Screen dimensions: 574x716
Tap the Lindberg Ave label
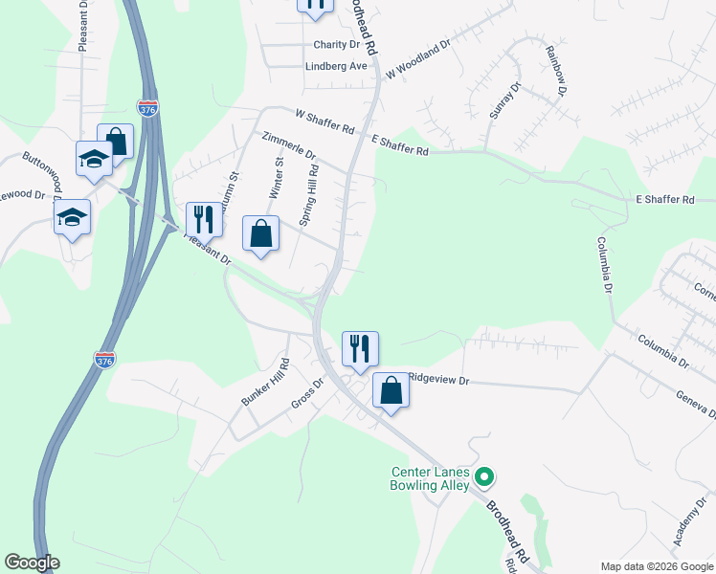(x=336, y=66)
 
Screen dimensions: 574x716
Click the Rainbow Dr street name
(x=555, y=72)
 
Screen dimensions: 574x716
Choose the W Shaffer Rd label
(x=324, y=121)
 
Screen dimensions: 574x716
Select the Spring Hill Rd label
(x=309, y=194)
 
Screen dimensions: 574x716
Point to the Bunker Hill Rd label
(x=265, y=383)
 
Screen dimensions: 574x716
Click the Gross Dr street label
(x=309, y=391)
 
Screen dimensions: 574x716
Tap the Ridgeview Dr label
(x=439, y=379)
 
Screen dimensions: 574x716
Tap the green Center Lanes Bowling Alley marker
(x=485, y=475)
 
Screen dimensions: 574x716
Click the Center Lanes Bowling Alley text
(x=431, y=478)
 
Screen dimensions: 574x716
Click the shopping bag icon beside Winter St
(x=261, y=233)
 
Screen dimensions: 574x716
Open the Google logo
(x=32, y=563)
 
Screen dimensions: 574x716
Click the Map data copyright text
(x=656, y=564)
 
